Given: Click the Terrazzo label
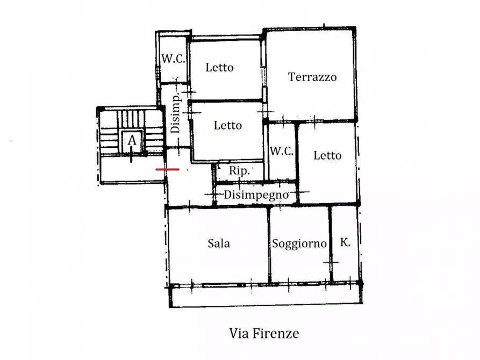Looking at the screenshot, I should point(312,77).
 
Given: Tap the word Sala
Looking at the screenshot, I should point(219,243).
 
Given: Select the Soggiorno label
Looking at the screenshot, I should point(299,243).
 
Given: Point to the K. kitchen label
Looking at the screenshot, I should point(345,242).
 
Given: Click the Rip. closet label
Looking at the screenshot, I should point(239,171).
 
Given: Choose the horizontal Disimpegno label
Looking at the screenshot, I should point(256,195).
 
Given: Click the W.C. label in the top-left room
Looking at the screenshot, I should point(174,59).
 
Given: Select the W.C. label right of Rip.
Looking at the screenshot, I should point(282,151).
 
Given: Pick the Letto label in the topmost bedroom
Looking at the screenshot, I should point(220,68).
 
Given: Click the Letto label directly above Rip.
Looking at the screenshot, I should point(228,125).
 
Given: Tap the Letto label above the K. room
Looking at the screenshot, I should point(327,155).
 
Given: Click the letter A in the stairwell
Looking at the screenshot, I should point(132,141).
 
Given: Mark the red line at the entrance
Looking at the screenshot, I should point(168,169).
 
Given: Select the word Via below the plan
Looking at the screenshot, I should point(240,333).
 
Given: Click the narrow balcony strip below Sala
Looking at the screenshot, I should point(266,296).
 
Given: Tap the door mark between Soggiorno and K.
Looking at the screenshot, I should point(332,262).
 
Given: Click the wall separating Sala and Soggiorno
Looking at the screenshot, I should point(269,244).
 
